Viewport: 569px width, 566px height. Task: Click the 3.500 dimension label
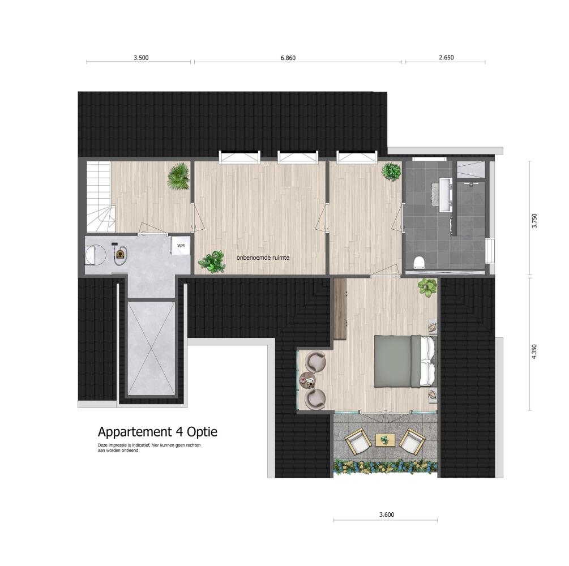pyautogui.click(x=141, y=58)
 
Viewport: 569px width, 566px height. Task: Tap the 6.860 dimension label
pyautogui.click(x=288, y=58)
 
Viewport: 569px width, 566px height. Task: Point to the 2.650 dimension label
pyautogui.click(x=446, y=57)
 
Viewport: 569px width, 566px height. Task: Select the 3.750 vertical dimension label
pyautogui.click(x=534, y=221)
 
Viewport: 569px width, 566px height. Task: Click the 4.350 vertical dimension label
pyautogui.click(x=534, y=352)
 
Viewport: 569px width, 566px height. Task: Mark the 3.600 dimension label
pyautogui.click(x=387, y=514)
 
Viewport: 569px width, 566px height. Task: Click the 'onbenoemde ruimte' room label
pyautogui.click(x=263, y=258)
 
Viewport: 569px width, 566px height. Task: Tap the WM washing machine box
pyautogui.click(x=181, y=246)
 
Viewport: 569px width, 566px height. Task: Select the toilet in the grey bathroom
pyautogui.click(x=419, y=262)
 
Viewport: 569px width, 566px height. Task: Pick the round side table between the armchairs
pyautogui.click(x=307, y=380)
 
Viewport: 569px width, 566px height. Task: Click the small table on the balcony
pyautogui.click(x=384, y=440)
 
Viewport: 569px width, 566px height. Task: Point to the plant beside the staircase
pyautogui.click(x=179, y=176)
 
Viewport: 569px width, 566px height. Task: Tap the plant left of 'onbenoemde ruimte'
pyautogui.click(x=212, y=262)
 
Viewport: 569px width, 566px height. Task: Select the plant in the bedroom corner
pyautogui.click(x=427, y=288)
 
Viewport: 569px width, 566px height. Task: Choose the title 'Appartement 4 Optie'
pyautogui.click(x=157, y=432)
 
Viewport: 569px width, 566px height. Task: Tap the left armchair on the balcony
pyautogui.click(x=358, y=442)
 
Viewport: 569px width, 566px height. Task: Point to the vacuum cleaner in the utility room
pyautogui.click(x=120, y=252)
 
